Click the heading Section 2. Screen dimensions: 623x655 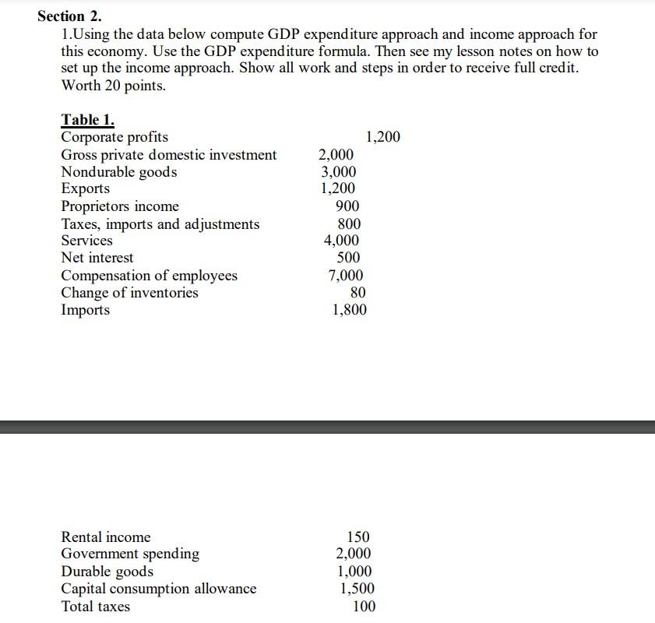pyautogui.click(x=69, y=16)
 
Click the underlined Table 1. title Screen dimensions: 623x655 pyautogui.click(x=87, y=120)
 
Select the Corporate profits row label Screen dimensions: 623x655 pyautogui.click(x=114, y=137)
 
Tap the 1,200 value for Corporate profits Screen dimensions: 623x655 pyautogui.click(x=382, y=137)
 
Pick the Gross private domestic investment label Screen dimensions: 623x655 pyautogui.click(x=168, y=155)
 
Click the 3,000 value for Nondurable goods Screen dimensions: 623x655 pyautogui.click(x=338, y=172)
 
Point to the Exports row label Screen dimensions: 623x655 pyautogui.click(x=86, y=189)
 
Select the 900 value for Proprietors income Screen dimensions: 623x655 pyautogui.click(x=347, y=206)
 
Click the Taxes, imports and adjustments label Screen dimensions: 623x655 pyautogui.click(x=160, y=224)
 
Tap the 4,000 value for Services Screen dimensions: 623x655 pyautogui.click(x=341, y=241)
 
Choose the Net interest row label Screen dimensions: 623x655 pyautogui.click(x=97, y=258)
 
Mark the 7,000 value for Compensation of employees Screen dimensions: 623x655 pyautogui.click(x=345, y=276)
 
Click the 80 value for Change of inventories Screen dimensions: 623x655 pyautogui.click(x=357, y=293)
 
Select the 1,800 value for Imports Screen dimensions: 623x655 pyautogui.click(x=349, y=310)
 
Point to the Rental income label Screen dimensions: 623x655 pyautogui.click(x=106, y=537)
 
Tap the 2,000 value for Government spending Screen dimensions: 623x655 pyautogui.click(x=353, y=554)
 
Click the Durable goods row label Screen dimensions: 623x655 pyautogui.click(x=107, y=572)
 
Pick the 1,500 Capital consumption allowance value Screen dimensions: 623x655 pyautogui.click(x=356, y=589)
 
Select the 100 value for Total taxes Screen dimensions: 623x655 pyautogui.click(x=364, y=607)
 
